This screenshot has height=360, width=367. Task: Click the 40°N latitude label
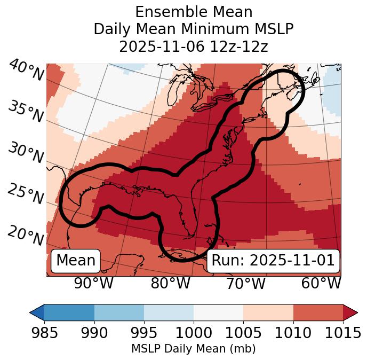point(26,71)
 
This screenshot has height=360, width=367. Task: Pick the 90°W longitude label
point(93,283)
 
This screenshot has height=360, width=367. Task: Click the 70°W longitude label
point(246,283)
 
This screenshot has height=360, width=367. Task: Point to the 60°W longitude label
point(321,283)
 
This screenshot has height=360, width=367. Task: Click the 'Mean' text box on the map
point(76,261)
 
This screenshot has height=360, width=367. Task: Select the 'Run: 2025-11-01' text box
point(273,261)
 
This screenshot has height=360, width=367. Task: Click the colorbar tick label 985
point(44,333)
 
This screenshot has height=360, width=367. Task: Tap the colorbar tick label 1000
point(194,333)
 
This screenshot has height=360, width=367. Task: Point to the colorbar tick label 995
point(144,333)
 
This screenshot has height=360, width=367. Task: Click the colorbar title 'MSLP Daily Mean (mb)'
point(193,349)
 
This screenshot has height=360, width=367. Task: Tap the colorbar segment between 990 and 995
point(119,312)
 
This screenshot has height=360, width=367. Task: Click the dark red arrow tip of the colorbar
point(351,312)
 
